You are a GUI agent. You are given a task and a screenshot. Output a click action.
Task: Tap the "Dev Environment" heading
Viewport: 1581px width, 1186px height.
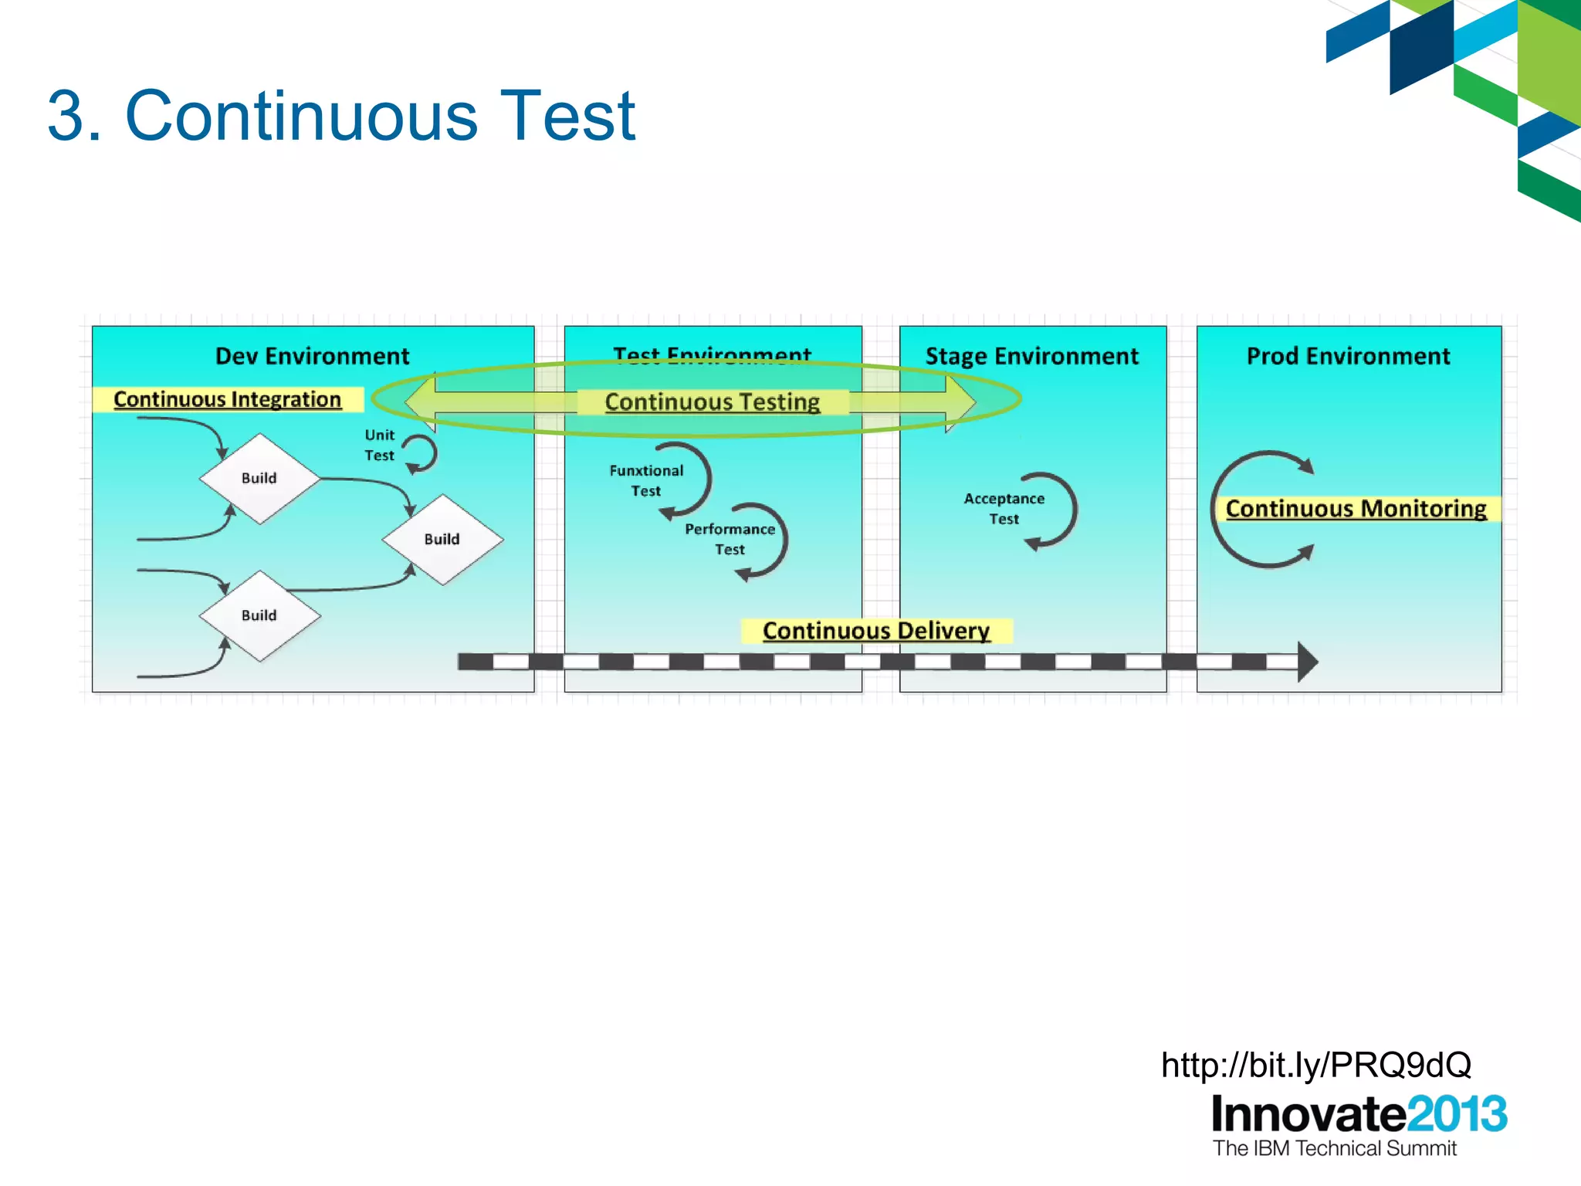[x=312, y=356]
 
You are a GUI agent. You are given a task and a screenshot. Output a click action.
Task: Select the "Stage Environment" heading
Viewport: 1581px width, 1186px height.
[x=1031, y=356]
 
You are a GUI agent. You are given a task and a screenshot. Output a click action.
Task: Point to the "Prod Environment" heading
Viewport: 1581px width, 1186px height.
[x=1348, y=356]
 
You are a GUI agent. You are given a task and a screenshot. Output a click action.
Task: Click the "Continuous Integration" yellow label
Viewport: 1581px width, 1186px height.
[x=227, y=399]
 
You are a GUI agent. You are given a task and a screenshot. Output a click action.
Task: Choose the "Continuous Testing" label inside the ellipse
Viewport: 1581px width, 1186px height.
[x=712, y=402]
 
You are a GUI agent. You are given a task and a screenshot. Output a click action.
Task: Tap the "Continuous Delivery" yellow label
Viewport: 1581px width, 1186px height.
[x=875, y=631]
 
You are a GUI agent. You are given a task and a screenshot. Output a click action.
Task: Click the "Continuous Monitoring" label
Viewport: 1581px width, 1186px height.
[x=1356, y=509]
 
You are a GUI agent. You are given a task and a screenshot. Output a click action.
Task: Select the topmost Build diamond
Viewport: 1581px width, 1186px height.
[x=259, y=479]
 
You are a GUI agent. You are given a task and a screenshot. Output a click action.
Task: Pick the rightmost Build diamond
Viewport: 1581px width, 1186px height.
[x=442, y=540]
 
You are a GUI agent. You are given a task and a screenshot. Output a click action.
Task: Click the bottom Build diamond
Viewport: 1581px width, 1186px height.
[x=259, y=615]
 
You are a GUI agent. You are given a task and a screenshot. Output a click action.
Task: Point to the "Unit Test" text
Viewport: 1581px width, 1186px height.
[x=379, y=446]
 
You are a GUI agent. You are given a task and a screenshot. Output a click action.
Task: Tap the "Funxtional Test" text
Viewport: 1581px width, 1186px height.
[x=646, y=480]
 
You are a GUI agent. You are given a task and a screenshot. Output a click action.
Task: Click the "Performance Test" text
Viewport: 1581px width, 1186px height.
[x=730, y=539]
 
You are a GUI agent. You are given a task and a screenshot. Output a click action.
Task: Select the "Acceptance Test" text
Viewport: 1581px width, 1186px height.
[x=1004, y=509]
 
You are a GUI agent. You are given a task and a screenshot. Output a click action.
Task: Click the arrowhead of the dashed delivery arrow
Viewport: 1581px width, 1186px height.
[x=1307, y=662]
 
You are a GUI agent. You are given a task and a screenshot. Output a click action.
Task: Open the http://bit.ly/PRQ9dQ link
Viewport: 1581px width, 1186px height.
[x=1315, y=1065]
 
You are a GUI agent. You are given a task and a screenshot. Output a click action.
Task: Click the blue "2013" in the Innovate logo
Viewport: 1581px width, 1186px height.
[x=1456, y=1114]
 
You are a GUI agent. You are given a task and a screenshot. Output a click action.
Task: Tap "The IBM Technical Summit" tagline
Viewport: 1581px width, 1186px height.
[x=1334, y=1148]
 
